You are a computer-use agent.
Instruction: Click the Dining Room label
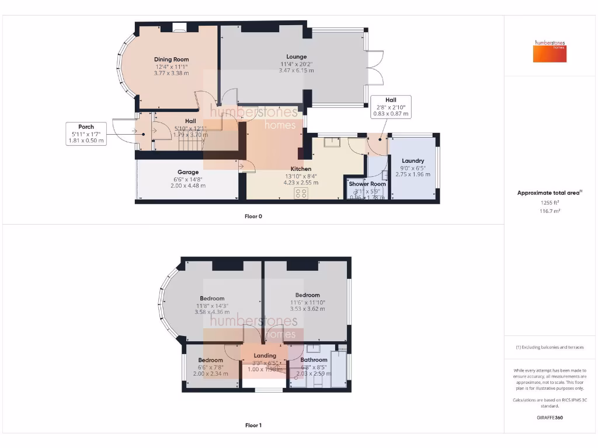point(171,60)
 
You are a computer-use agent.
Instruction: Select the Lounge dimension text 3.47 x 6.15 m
point(296,71)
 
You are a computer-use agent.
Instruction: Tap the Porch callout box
point(86,134)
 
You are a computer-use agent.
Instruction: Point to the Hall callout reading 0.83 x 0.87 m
point(391,114)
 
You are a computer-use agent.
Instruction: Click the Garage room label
point(188,172)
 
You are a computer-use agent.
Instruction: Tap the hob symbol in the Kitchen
point(301,192)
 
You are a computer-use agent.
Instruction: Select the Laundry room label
point(413,161)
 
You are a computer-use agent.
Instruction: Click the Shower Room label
point(367,184)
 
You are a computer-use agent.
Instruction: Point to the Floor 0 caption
point(253,216)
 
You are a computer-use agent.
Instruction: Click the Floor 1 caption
point(253,425)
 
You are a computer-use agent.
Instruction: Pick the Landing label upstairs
point(265,355)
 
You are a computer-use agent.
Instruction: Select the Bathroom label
point(314,360)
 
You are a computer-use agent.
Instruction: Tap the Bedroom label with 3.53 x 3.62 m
point(307,295)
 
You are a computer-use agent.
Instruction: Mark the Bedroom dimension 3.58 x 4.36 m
point(212,312)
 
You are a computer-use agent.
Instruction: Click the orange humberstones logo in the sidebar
point(550,51)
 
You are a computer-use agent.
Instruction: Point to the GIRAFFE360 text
point(550,418)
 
